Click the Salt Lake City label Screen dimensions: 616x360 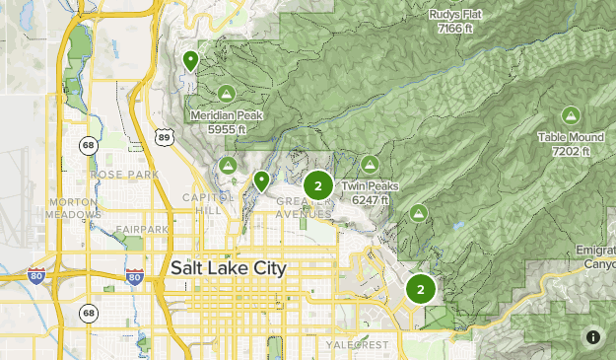click(x=228, y=268)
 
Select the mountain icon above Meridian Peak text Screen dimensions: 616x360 click(x=226, y=94)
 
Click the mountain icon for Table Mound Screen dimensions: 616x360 click(x=571, y=115)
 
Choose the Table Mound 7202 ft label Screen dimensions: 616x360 click(x=571, y=144)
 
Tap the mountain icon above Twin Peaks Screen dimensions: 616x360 click(x=370, y=164)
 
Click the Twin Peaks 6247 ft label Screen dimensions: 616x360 click(x=367, y=192)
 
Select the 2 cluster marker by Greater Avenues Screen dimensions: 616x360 click(x=317, y=185)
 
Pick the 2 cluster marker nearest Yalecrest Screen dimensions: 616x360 click(x=421, y=289)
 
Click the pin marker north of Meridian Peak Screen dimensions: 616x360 click(x=190, y=61)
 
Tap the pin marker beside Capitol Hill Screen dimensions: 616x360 click(x=261, y=181)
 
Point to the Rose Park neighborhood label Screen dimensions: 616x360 click(x=124, y=175)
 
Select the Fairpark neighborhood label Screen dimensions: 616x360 click(x=141, y=230)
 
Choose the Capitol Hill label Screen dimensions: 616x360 click(x=203, y=204)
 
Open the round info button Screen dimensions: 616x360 click(x=593, y=337)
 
